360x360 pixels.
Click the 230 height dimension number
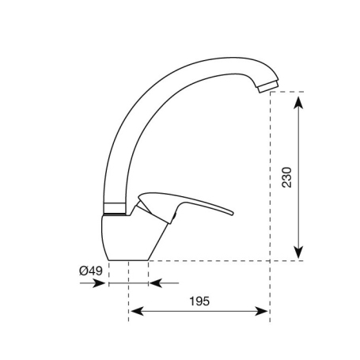(286, 176)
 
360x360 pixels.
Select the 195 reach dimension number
(199, 301)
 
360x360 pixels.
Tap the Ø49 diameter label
(91, 271)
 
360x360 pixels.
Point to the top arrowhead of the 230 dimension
(298, 97)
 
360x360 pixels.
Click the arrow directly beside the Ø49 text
(98, 282)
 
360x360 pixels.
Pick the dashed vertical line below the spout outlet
(271, 198)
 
